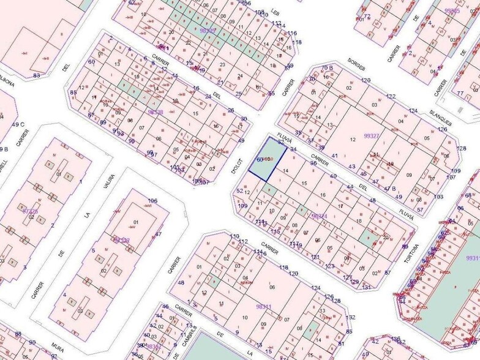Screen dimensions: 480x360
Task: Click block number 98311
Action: pos(263,306)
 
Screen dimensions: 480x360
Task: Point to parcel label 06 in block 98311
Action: pos(272,287)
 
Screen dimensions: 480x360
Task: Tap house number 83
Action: pos(37,75)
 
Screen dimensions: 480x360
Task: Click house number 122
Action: pos(391,97)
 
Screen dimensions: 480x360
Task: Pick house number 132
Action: pos(350,318)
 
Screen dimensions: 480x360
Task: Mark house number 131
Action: pos(366,287)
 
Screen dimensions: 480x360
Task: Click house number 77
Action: pos(460,92)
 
